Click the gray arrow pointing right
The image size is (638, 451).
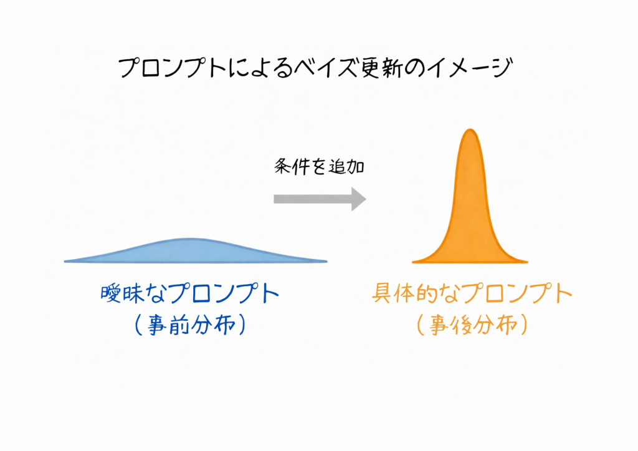click(x=320, y=199)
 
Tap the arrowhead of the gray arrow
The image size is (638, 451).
click(x=358, y=199)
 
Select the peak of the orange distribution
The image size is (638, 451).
click(x=470, y=130)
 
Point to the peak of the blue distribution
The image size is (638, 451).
click(x=191, y=239)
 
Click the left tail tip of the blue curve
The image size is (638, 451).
click(x=65, y=262)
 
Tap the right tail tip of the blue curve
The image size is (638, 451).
click(x=326, y=262)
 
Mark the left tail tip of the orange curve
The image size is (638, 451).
click(x=413, y=262)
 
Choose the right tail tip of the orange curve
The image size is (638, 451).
click(x=527, y=262)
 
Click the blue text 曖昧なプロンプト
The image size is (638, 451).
click(x=190, y=293)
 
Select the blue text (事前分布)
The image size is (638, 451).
click(x=190, y=325)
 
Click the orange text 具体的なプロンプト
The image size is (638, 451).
click(x=472, y=293)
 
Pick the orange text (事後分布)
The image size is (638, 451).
click(x=472, y=325)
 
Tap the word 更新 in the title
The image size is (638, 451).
click(x=375, y=67)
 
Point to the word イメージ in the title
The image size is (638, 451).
click(x=470, y=67)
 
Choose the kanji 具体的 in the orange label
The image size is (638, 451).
click(x=405, y=293)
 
